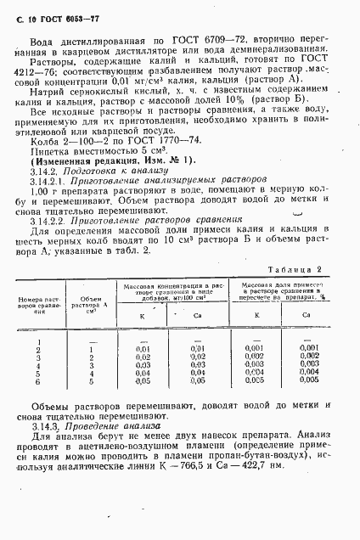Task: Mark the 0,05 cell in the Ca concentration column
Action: tap(197, 405)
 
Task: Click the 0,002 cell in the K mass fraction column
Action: tap(254, 378)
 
